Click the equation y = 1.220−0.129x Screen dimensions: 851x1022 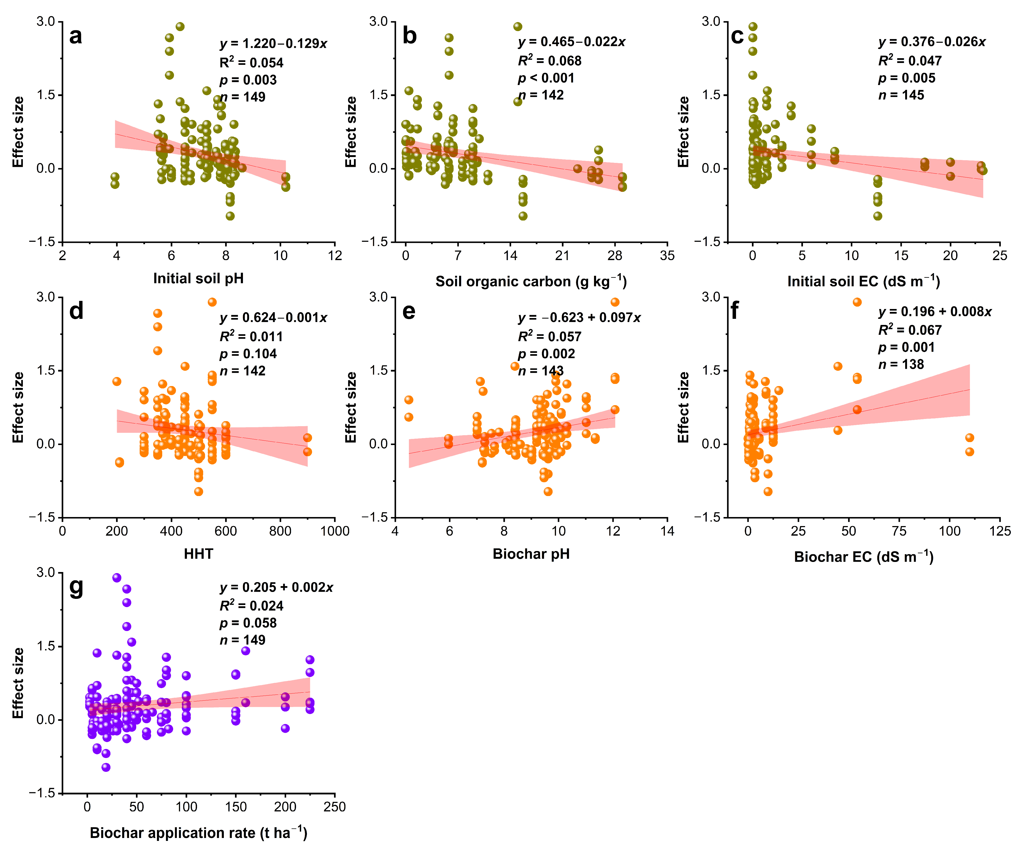[273, 44]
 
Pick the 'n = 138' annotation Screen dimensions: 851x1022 [901, 364]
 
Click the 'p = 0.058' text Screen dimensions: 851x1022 [248, 623]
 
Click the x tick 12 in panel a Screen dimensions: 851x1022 [335, 256]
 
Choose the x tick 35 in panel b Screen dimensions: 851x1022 [667, 256]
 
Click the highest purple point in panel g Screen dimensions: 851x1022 [117, 578]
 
